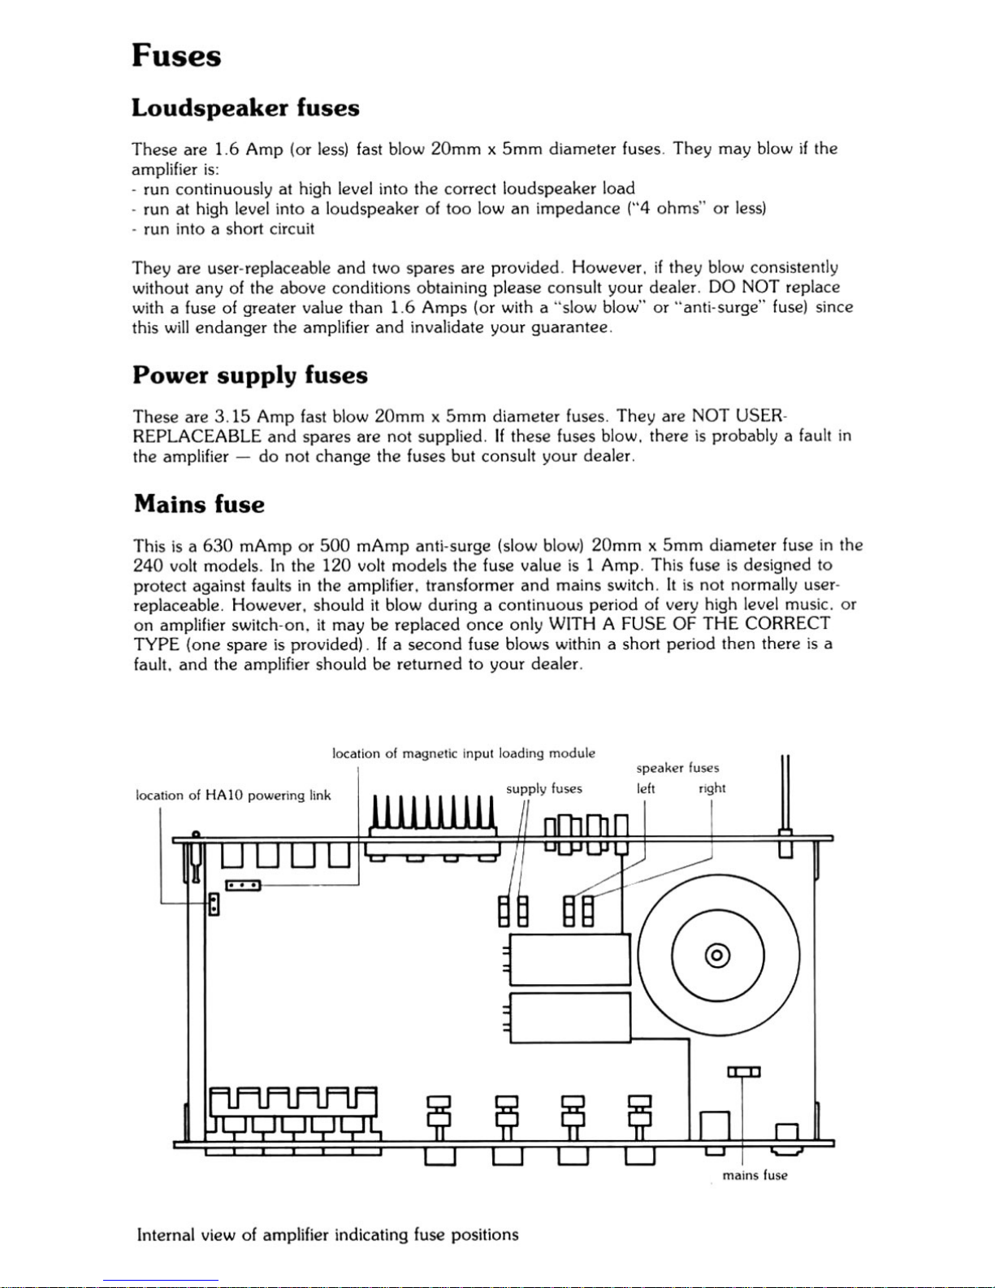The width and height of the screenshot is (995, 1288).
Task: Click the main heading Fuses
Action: point(176,56)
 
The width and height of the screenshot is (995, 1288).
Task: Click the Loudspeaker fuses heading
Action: point(245,108)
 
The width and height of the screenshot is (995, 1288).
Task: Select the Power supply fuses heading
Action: point(250,375)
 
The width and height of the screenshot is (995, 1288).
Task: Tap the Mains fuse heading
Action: point(199,505)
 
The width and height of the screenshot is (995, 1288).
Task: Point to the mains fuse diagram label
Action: point(755,1175)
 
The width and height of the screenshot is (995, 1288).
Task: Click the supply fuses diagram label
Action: point(543,788)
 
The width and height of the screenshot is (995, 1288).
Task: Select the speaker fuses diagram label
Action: point(677,768)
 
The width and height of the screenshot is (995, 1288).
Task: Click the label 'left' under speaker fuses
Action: point(646,788)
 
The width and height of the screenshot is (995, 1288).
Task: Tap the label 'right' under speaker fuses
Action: point(712,788)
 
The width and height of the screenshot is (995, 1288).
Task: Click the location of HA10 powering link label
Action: point(233,796)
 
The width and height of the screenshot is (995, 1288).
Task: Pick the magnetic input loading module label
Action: point(464,753)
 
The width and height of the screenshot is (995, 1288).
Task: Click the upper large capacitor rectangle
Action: point(569,960)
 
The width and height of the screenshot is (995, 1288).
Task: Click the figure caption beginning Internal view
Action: point(327,1235)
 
